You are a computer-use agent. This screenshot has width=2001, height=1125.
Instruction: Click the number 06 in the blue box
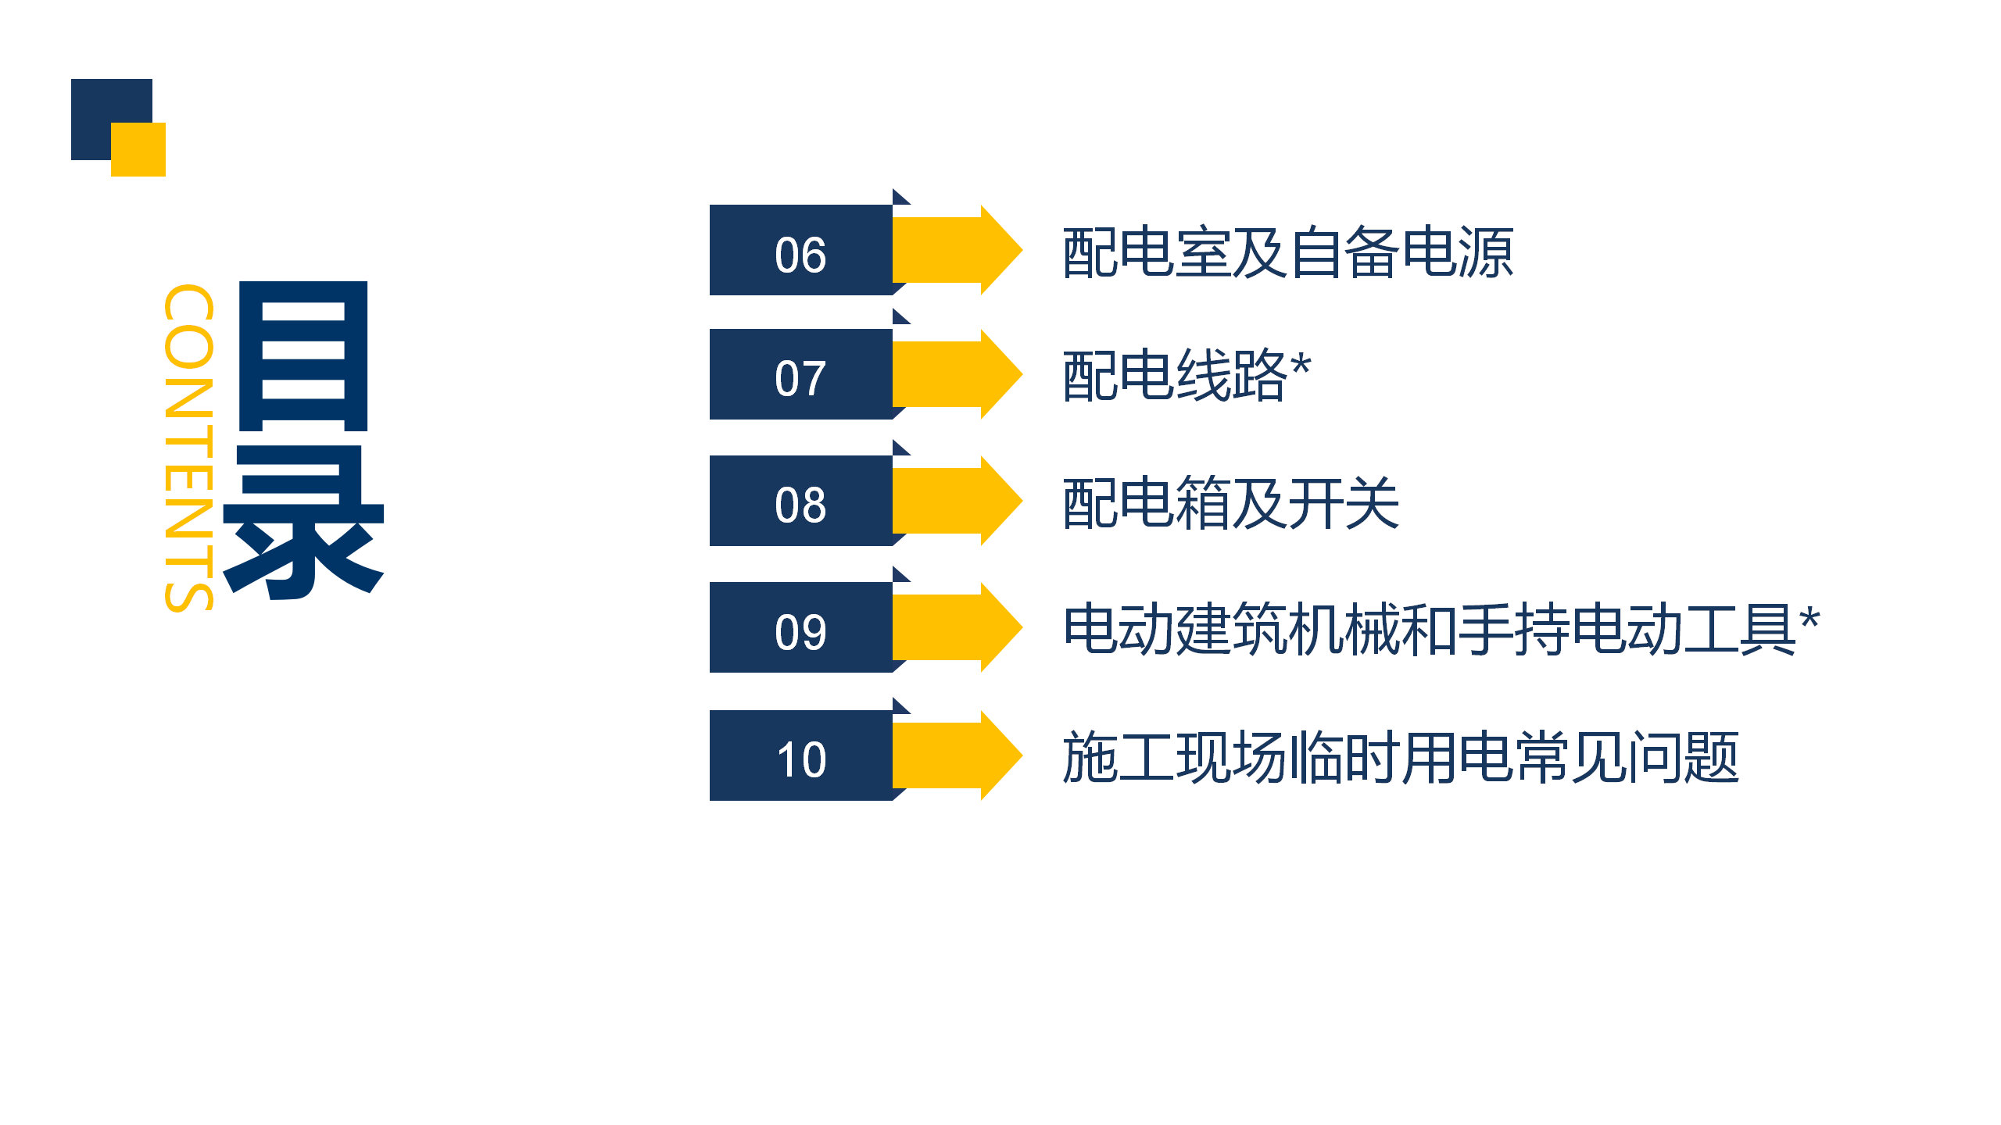pyautogui.click(x=800, y=255)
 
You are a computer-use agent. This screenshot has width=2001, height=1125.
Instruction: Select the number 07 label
pyautogui.click(x=800, y=379)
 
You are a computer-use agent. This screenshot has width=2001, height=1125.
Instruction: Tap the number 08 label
pyautogui.click(x=800, y=505)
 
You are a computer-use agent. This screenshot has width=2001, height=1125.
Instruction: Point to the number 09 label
pyautogui.click(x=800, y=631)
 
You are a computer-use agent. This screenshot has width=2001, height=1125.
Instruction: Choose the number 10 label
pyautogui.click(x=800, y=759)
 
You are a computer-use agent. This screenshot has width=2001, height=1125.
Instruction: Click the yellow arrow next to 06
pyautogui.click(x=957, y=250)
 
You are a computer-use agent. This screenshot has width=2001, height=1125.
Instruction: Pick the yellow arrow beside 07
pyautogui.click(x=957, y=374)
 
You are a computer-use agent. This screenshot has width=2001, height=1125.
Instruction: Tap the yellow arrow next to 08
pyautogui.click(x=957, y=501)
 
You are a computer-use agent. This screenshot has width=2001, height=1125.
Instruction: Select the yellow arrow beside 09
pyautogui.click(x=957, y=627)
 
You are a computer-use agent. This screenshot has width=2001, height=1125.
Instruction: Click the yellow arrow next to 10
pyautogui.click(x=957, y=755)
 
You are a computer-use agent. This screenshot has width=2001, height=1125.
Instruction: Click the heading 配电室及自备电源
pyautogui.click(x=1288, y=252)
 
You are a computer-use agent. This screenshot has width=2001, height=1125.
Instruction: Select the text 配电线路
pyautogui.click(x=1175, y=376)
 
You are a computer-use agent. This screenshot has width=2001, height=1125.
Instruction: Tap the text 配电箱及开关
pyautogui.click(x=1231, y=503)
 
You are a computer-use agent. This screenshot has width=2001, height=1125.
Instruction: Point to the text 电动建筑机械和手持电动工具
pyautogui.click(x=1429, y=629)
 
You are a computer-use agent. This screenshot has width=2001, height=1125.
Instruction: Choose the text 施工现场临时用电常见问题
pyautogui.click(x=1401, y=757)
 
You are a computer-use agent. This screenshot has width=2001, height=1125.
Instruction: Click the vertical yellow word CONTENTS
pyautogui.click(x=188, y=448)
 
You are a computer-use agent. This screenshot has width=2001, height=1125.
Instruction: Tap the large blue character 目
pyautogui.click(x=302, y=356)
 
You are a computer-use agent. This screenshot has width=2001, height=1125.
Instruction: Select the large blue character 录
pyautogui.click(x=303, y=523)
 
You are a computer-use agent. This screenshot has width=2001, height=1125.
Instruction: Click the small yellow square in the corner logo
pyautogui.click(x=138, y=149)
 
